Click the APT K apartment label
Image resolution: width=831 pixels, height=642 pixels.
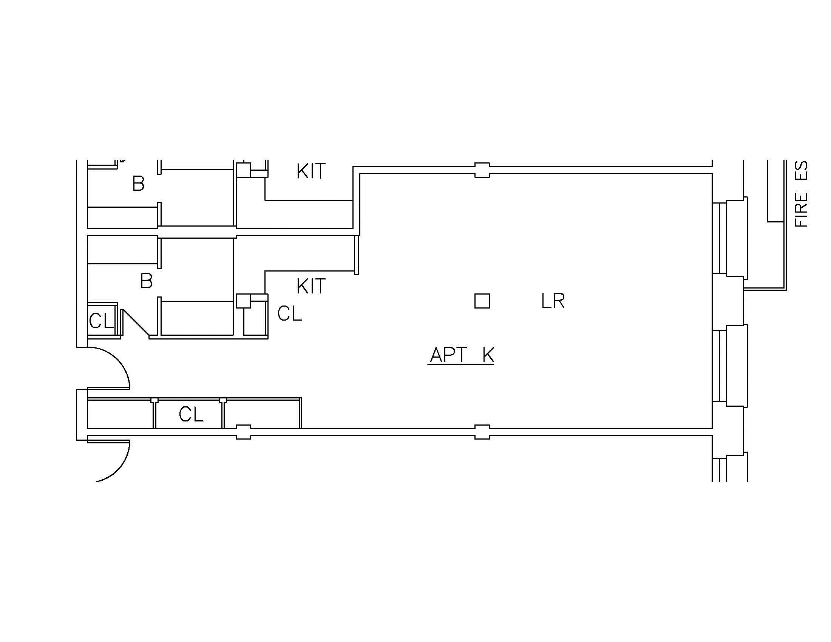[462, 355]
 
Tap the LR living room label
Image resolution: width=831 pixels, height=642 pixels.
[553, 301]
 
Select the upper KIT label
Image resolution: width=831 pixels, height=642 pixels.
[311, 171]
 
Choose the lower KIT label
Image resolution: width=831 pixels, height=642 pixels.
[311, 286]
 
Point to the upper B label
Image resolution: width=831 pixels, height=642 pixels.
[139, 184]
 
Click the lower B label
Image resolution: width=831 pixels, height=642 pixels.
[147, 281]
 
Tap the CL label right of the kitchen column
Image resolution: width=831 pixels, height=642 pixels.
[290, 314]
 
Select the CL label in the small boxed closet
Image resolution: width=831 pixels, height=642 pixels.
[101, 321]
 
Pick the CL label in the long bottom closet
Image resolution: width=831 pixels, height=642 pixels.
[191, 414]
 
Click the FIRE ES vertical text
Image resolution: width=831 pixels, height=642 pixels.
[801, 194]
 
